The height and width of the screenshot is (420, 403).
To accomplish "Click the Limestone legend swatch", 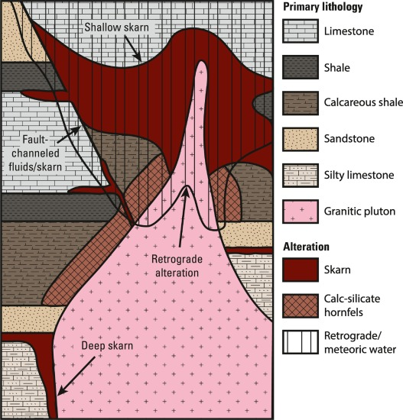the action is tap(301, 31).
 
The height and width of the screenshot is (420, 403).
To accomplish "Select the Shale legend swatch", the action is tap(301, 67).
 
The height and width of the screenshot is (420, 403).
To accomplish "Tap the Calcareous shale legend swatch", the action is tap(301, 103).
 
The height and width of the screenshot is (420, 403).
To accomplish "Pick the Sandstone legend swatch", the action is tap(301, 139).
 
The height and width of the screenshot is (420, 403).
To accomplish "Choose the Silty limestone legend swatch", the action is tap(301, 176).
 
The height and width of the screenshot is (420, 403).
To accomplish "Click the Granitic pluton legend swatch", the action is tap(301, 212).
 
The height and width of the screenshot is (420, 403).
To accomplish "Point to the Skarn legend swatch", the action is tap(301, 270).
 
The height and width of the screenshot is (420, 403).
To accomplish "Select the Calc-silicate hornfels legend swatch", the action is tap(301, 306).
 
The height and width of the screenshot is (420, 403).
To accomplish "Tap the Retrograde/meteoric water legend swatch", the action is tap(301, 342).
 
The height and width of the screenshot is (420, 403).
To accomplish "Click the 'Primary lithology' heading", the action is tap(323, 7).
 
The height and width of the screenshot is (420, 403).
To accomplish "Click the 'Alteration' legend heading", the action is tap(306, 247).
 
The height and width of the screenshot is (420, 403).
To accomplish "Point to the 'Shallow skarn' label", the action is tap(116, 27).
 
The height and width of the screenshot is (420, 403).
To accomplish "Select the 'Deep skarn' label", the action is tap(107, 345).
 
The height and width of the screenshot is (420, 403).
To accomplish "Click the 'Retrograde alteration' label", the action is tap(177, 266).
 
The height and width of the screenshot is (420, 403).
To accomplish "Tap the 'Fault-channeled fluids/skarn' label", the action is tap(35, 153).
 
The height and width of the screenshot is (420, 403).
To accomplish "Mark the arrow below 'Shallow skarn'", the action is tap(133, 49).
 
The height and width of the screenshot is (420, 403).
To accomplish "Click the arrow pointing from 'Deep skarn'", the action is tap(76, 376).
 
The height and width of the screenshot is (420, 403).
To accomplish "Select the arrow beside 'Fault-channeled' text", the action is tap(69, 134).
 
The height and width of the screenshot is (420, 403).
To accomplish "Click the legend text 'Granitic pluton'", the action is tap(359, 212).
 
